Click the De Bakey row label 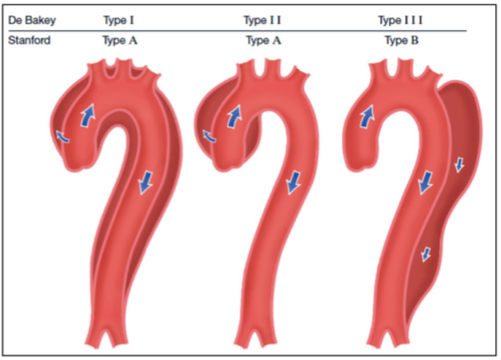(32, 21)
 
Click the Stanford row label (29, 41)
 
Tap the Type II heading (263, 20)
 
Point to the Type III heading (400, 20)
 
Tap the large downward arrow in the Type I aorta (145, 182)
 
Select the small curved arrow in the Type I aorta (63, 137)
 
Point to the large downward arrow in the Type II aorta (294, 183)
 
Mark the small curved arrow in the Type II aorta (209, 137)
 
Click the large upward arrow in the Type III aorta (368, 116)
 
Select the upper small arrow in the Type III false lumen (460, 164)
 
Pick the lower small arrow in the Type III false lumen (426, 254)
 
